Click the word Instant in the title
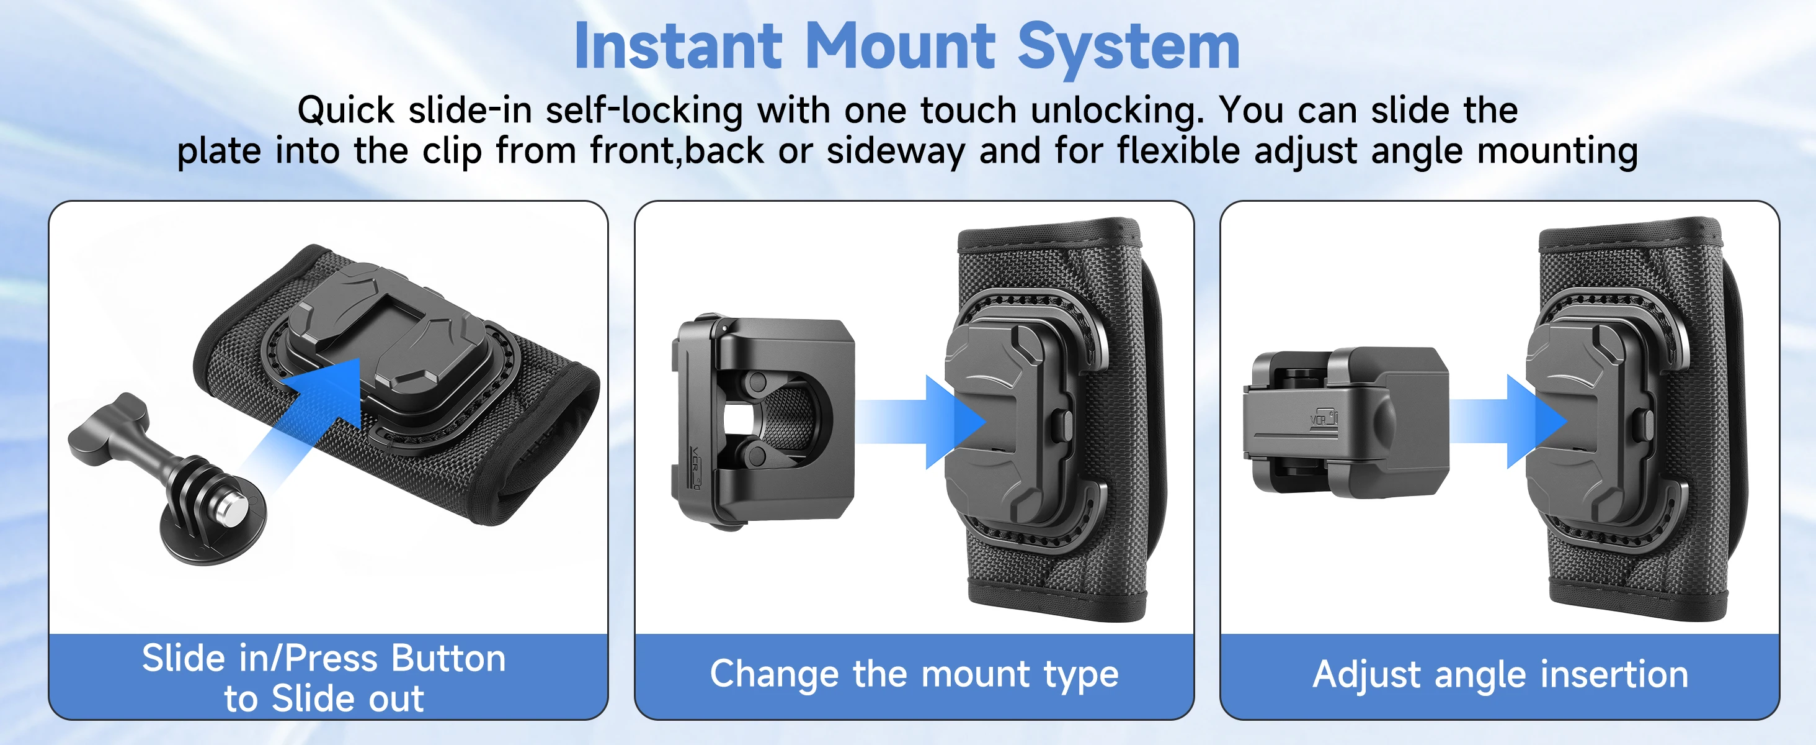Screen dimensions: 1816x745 tap(678, 47)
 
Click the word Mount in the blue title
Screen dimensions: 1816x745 tap(900, 47)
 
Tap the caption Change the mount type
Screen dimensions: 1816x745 tap(914, 674)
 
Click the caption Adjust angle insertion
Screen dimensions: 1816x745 tap(1500, 674)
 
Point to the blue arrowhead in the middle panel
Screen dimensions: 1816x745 tap(955, 422)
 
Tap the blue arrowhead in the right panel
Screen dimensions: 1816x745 tap(1537, 422)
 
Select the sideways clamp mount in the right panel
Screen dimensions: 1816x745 tap(1346, 422)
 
